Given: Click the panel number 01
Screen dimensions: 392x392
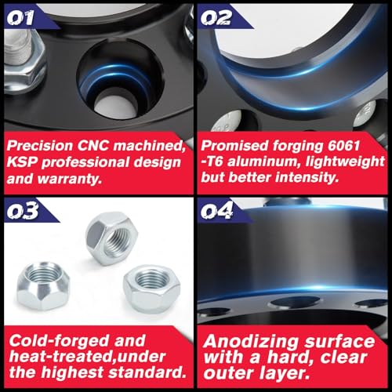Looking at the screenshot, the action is click(x=20, y=18).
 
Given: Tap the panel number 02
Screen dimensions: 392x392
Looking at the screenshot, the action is click(x=216, y=18).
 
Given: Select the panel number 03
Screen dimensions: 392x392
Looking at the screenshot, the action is click(x=23, y=211).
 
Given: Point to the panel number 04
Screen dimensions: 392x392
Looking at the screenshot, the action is click(x=217, y=211).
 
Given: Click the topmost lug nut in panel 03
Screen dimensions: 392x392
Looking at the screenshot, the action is click(x=112, y=238).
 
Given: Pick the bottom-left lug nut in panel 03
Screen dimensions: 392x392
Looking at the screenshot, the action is click(x=43, y=286).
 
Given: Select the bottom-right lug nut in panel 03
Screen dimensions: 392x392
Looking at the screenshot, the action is click(x=151, y=289).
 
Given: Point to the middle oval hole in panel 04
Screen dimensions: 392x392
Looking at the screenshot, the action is click(x=295, y=303).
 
